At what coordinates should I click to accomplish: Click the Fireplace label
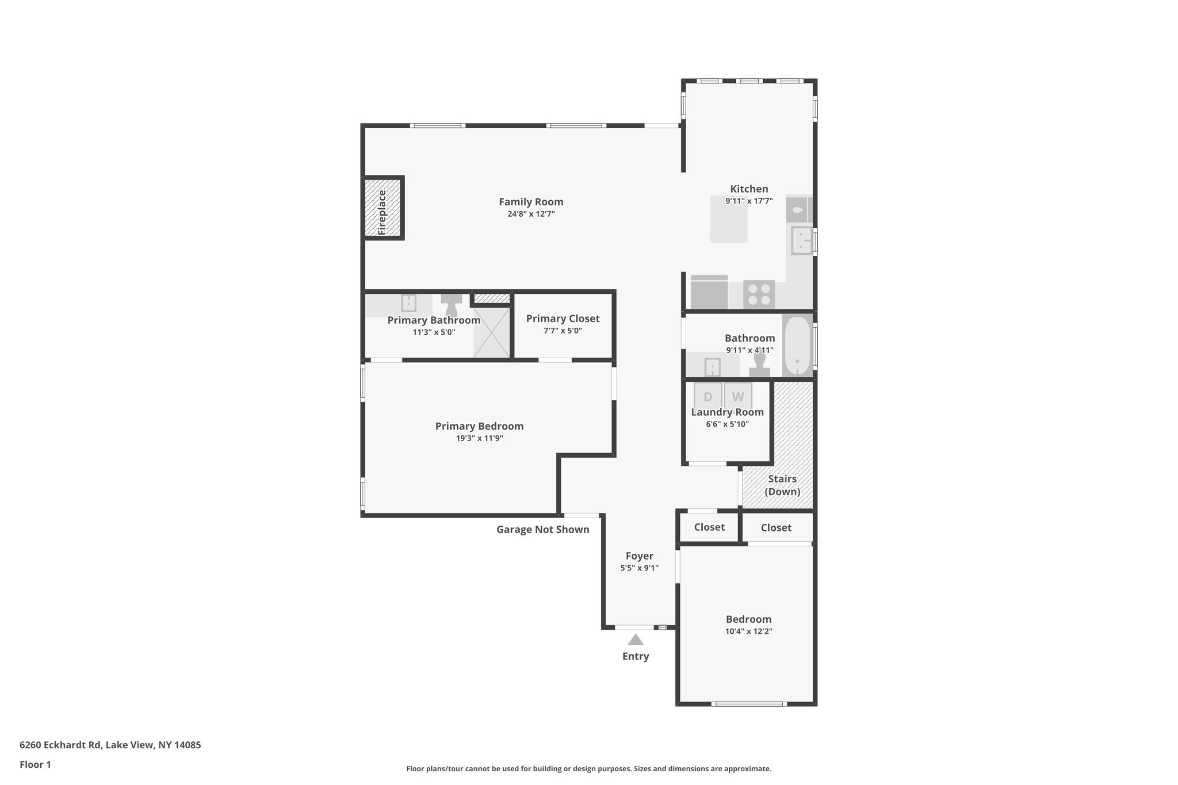[383, 212]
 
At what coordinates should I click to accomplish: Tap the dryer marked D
[707, 396]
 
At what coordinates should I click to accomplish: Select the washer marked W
[738, 396]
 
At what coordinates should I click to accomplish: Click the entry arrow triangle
[635, 640]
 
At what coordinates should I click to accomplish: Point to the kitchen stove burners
[759, 294]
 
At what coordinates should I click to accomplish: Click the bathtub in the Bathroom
[797, 344]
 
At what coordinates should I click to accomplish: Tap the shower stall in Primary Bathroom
[491, 332]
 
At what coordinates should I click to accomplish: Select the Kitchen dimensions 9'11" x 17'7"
[748, 201]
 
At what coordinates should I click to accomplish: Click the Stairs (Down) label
[782, 485]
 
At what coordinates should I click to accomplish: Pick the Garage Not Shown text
[542, 530]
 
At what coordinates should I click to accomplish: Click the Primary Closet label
[563, 319]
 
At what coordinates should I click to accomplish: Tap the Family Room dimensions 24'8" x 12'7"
[530, 214]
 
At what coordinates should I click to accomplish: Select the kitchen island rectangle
[728, 220]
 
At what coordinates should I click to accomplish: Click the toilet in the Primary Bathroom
[452, 305]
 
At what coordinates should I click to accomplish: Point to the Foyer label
[639, 556]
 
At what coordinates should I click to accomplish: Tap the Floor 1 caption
[35, 764]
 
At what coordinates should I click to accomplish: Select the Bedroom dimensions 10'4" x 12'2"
[748, 631]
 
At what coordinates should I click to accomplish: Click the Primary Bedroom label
[479, 426]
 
